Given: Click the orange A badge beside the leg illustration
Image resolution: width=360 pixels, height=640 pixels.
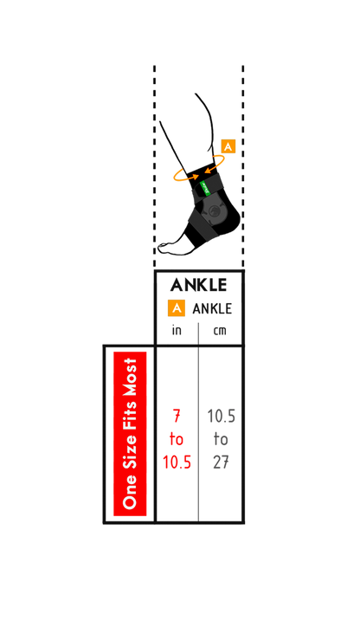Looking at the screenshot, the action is (x=228, y=146).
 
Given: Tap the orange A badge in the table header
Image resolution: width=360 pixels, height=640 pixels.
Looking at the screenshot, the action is (x=177, y=308).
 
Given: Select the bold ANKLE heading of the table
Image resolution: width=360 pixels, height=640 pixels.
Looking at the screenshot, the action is (x=198, y=285).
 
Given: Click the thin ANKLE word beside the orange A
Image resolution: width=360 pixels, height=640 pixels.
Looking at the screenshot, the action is (x=212, y=308).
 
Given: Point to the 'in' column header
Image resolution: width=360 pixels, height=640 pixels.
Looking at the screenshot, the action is (x=177, y=330).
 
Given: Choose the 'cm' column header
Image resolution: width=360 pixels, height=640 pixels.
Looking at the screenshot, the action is (x=220, y=331).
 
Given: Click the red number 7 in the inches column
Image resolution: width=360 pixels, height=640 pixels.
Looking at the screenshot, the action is (x=177, y=417).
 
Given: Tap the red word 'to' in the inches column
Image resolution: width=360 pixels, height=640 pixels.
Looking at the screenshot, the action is (x=177, y=440).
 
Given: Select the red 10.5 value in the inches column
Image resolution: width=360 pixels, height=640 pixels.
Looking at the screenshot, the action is (x=177, y=462).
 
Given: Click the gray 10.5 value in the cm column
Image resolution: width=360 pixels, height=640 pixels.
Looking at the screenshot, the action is (x=221, y=417).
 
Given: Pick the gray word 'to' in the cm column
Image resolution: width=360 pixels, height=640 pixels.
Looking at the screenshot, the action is (x=221, y=440).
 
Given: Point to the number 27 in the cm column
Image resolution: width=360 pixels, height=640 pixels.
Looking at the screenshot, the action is (x=221, y=462).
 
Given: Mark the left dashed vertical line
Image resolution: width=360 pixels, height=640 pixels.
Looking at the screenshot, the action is (x=155, y=166).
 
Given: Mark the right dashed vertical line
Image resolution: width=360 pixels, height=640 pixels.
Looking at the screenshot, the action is (x=243, y=166).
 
